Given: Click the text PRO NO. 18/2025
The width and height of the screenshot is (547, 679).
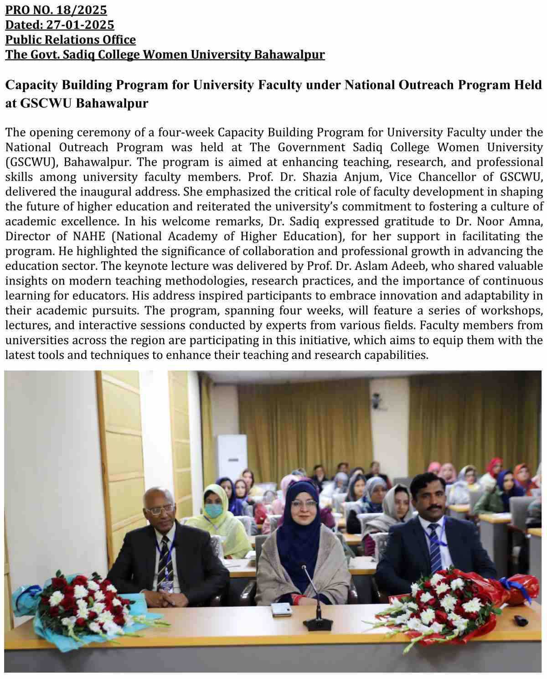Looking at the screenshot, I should coord(56,10).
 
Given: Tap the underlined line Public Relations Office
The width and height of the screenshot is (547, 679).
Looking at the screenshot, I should coord(71,40).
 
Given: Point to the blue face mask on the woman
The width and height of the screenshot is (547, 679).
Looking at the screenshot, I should coord(212,511).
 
